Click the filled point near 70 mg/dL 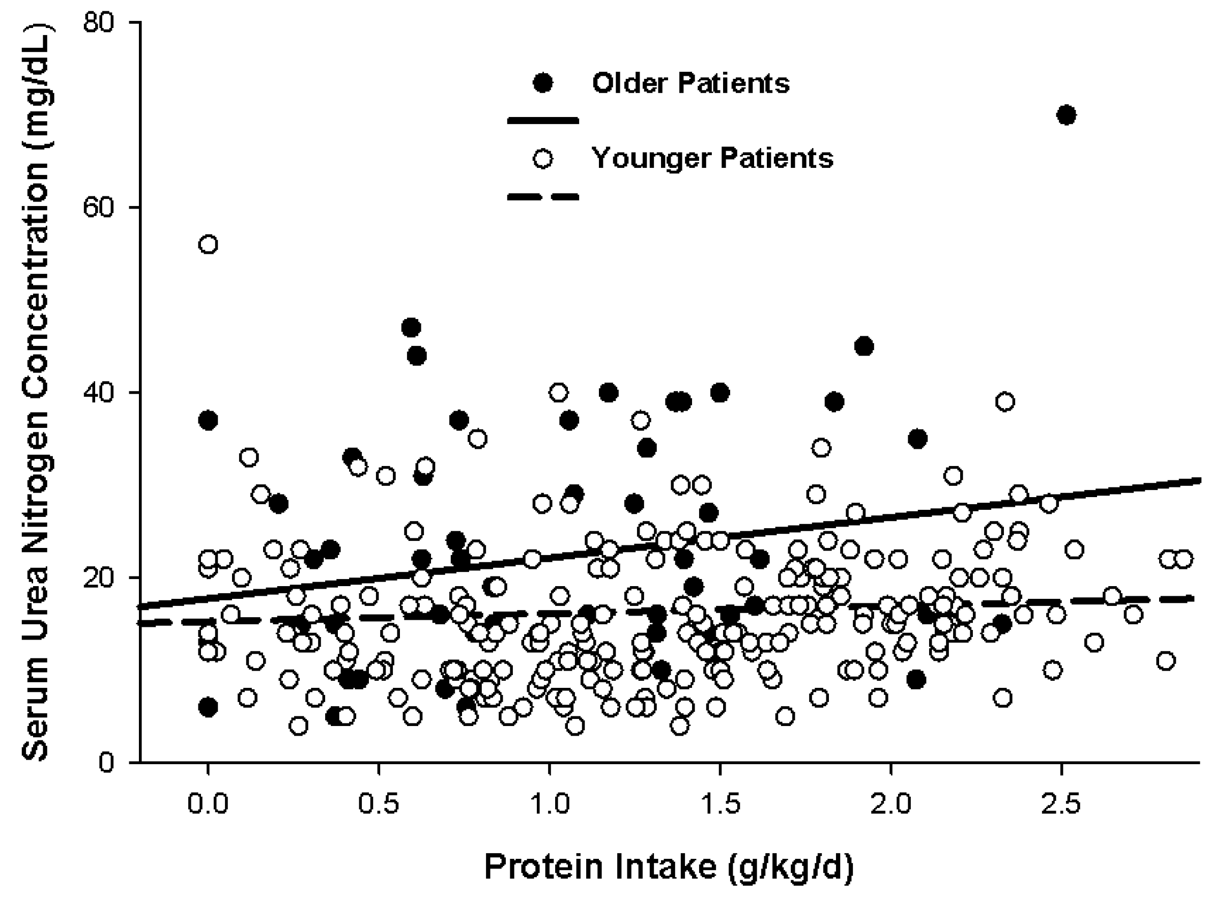pos(1066,115)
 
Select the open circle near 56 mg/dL pos(209,244)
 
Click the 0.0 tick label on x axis pos(208,803)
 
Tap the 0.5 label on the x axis pos(379,803)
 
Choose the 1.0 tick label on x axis pos(550,803)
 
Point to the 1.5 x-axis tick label pos(720,803)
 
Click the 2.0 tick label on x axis pos(891,803)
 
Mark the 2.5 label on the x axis pos(1061,803)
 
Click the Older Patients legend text pos(690,83)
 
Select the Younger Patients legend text pos(712,159)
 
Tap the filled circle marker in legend pos(542,83)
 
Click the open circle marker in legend pos(542,159)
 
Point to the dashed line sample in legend pos(542,196)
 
